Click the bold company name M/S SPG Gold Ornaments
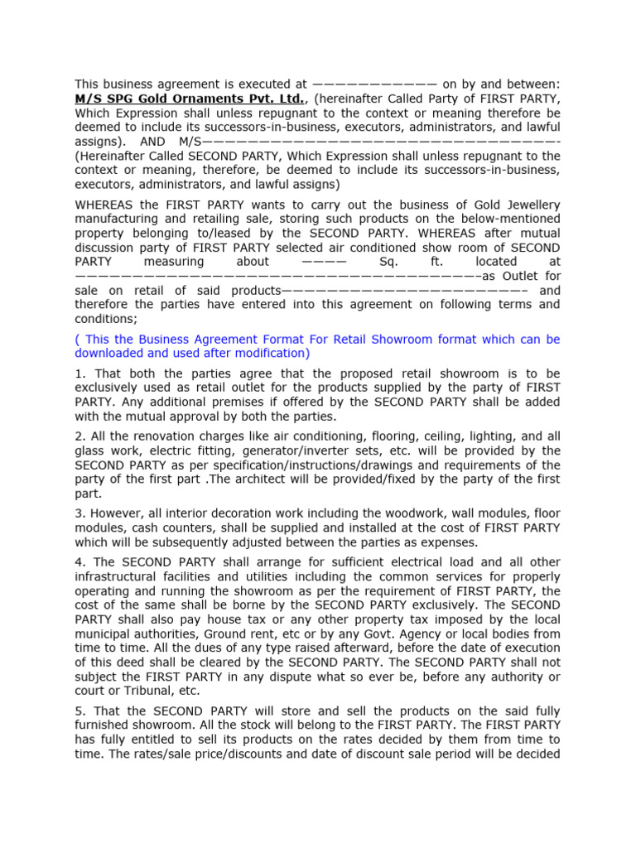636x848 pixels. coord(190,99)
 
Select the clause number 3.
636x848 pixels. coord(79,513)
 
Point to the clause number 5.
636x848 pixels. coord(79,711)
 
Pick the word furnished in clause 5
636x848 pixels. coord(102,725)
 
